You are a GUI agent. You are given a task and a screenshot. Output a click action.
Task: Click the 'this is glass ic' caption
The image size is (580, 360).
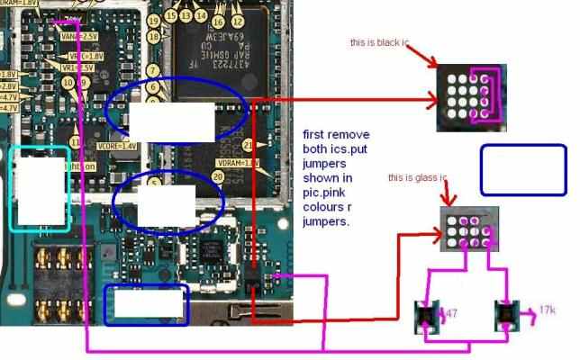(417, 178)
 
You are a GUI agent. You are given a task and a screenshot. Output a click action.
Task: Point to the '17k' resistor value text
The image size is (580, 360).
(547, 311)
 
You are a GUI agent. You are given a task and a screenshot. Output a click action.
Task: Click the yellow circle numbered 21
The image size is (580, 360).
(249, 146)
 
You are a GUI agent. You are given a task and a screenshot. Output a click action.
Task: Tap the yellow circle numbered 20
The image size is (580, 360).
(218, 177)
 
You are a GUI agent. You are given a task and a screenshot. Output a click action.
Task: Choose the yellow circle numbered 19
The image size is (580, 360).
(154, 20)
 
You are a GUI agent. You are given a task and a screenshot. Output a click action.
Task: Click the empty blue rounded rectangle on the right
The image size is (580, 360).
(522, 169)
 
